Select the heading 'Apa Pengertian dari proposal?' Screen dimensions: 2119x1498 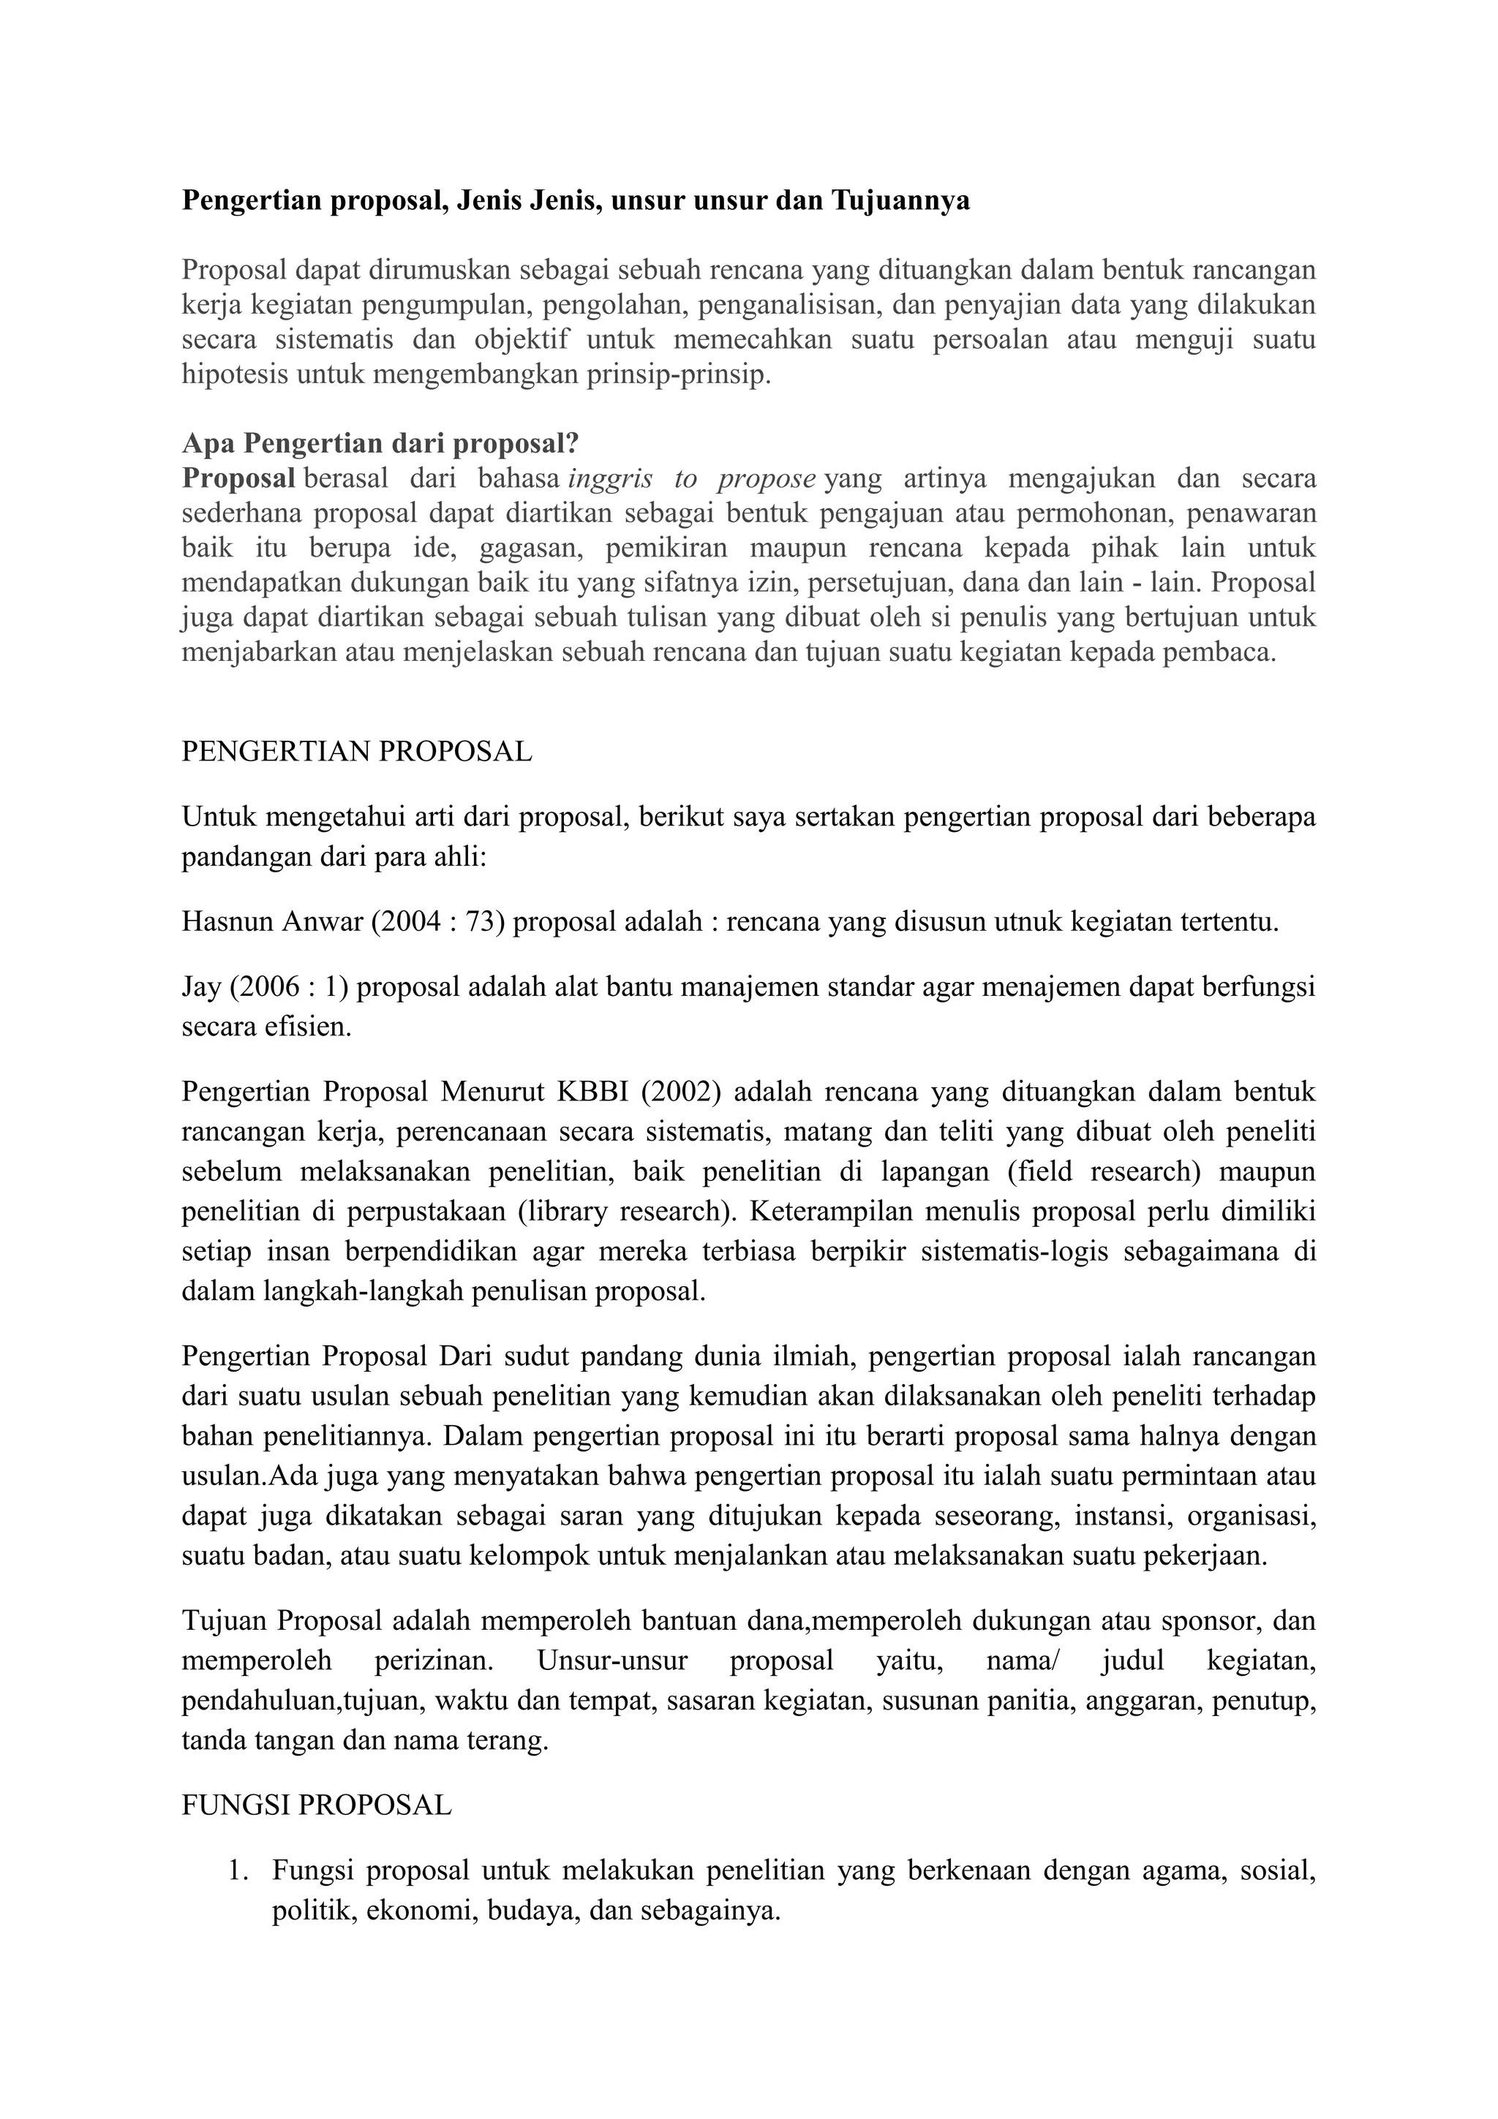click(x=380, y=443)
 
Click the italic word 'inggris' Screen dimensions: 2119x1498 click(x=609, y=478)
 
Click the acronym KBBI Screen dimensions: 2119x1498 click(x=592, y=1092)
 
